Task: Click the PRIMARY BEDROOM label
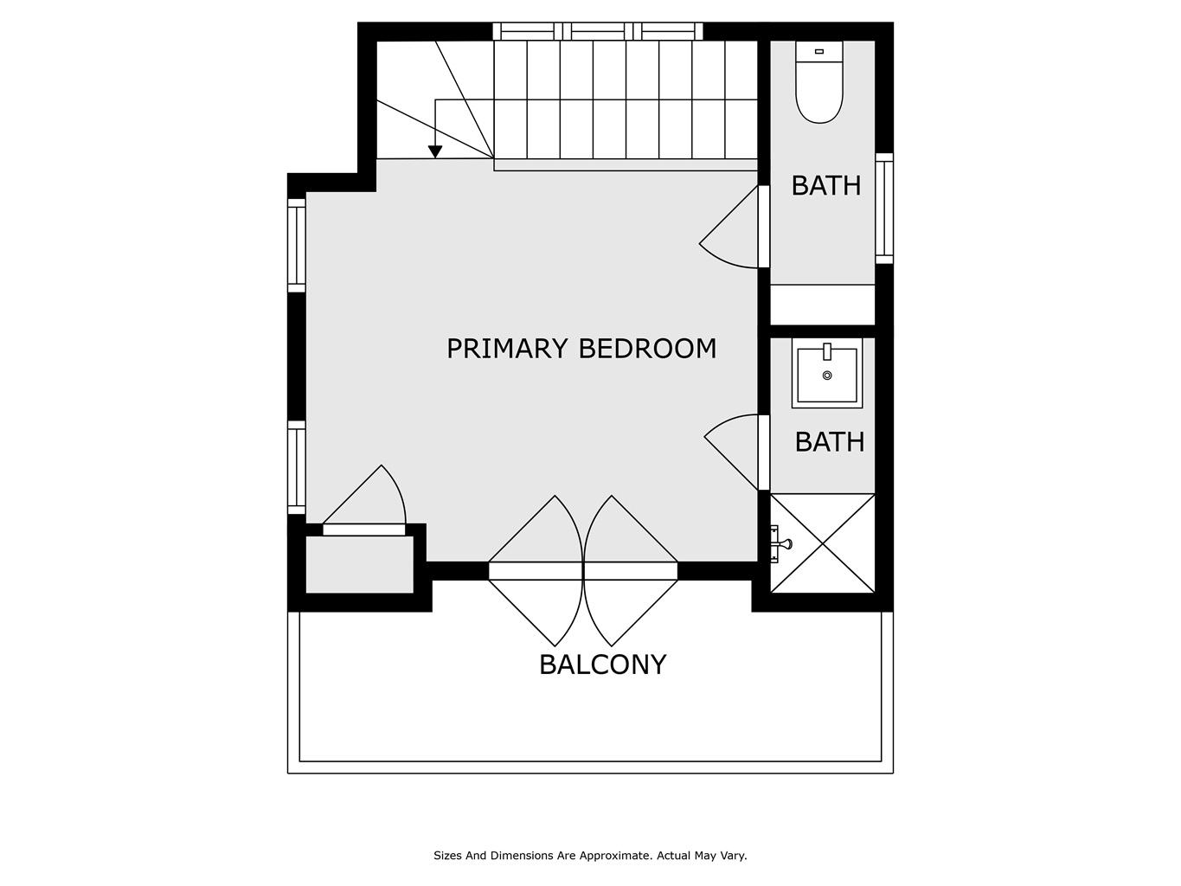pyautogui.click(x=581, y=349)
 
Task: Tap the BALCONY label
pyautogui.click(x=602, y=664)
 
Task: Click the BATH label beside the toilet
pyautogui.click(x=826, y=185)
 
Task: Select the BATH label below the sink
pyautogui.click(x=829, y=442)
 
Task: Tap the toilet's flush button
pyautogui.click(x=818, y=52)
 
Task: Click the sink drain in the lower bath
pyautogui.click(x=827, y=376)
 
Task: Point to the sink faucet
pyautogui.click(x=827, y=351)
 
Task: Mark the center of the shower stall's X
pyautogui.click(x=823, y=543)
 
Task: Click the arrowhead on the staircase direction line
pyautogui.click(x=434, y=151)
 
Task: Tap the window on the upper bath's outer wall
pyautogui.click(x=884, y=209)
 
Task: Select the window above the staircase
pyautogui.click(x=598, y=31)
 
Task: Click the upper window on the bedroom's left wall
pyautogui.click(x=297, y=246)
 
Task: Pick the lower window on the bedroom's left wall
pyautogui.click(x=297, y=467)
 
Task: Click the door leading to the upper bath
pyautogui.click(x=763, y=227)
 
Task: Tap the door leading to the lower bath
pyautogui.click(x=763, y=453)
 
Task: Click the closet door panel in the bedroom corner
pyautogui.click(x=363, y=530)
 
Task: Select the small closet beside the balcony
pyautogui.click(x=359, y=565)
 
